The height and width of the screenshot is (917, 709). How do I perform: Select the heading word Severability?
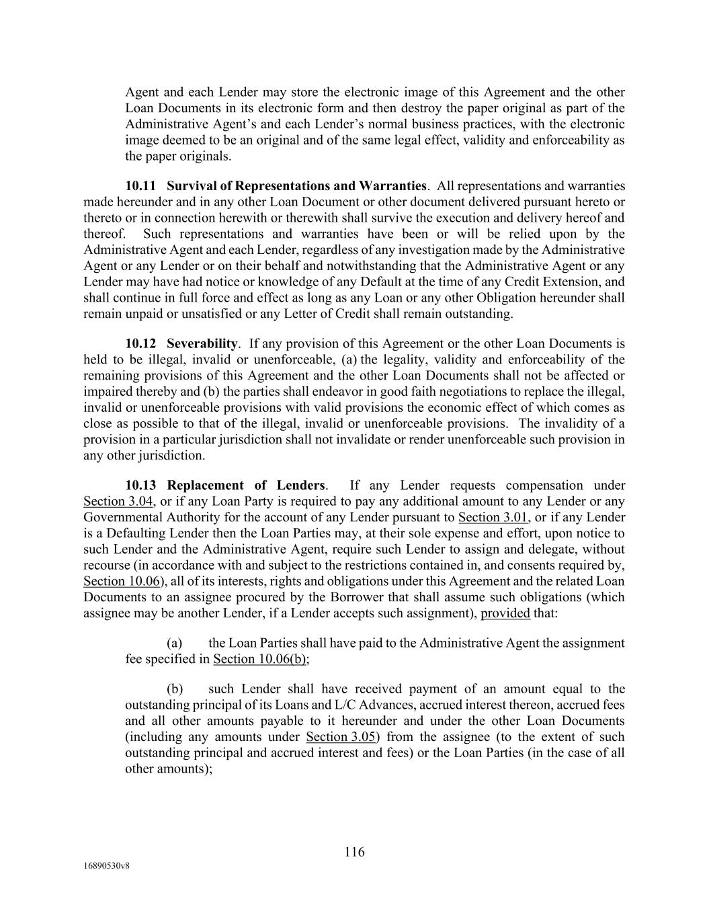click(202, 344)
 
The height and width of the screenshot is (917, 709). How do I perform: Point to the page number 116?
click(354, 853)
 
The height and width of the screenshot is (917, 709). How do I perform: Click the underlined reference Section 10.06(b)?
click(261, 659)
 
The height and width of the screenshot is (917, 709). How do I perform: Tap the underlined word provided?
click(505, 613)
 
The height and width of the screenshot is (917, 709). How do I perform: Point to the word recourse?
click(106, 566)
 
